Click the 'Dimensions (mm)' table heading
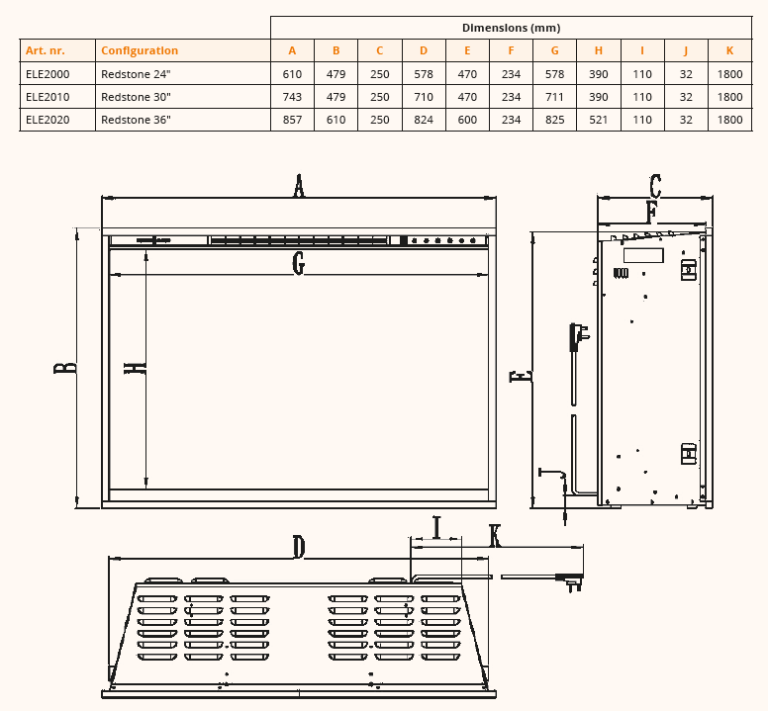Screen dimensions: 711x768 [x=511, y=28]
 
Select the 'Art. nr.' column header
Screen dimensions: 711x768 [x=45, y=50]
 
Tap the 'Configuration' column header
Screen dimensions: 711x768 [x=140, y=50]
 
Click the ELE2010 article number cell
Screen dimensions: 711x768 [x=47, y=97]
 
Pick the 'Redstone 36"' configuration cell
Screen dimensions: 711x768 [x=137, y=120]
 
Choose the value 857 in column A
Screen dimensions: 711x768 [x=292, y=120]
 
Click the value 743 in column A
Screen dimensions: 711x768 [x=292, y=97]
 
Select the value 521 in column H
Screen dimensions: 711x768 [x=599, y=120]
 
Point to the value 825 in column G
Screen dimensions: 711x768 [x=554, y=120]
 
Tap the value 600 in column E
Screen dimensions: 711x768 [x=467, y=120]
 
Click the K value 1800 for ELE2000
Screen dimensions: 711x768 [x=729, y=73]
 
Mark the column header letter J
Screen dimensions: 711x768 [x=686, y=50]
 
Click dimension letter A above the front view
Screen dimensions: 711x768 [x=299, y=185]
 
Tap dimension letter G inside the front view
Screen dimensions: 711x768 [x=299, y=263]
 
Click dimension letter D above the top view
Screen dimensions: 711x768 [x=299, y=546]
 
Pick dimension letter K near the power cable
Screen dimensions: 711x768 [x=495, y=535]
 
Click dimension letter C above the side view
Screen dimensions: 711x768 [x=655, y=186]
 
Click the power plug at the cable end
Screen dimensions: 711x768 [x=570, y=581]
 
